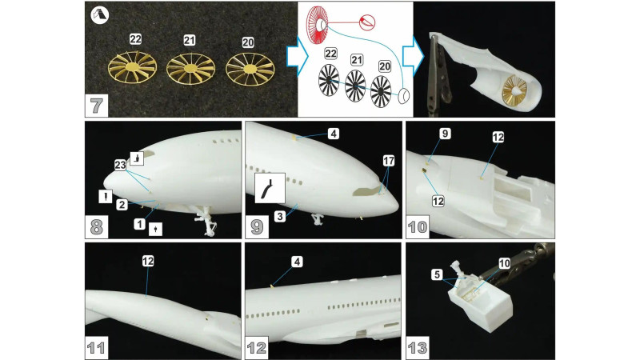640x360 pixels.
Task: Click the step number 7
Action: (x=96, y=105)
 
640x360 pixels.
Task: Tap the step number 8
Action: (x=96, y=226)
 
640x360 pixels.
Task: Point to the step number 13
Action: (x=418, y=348)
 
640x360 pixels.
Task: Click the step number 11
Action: (x=96, y=348)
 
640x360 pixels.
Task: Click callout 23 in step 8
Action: (x=120, y=165)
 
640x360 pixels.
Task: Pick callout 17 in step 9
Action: (x=389, y=161)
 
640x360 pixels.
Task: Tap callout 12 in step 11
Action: (x=147, y=260)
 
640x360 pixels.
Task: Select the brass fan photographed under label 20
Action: (x=249, y=74)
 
